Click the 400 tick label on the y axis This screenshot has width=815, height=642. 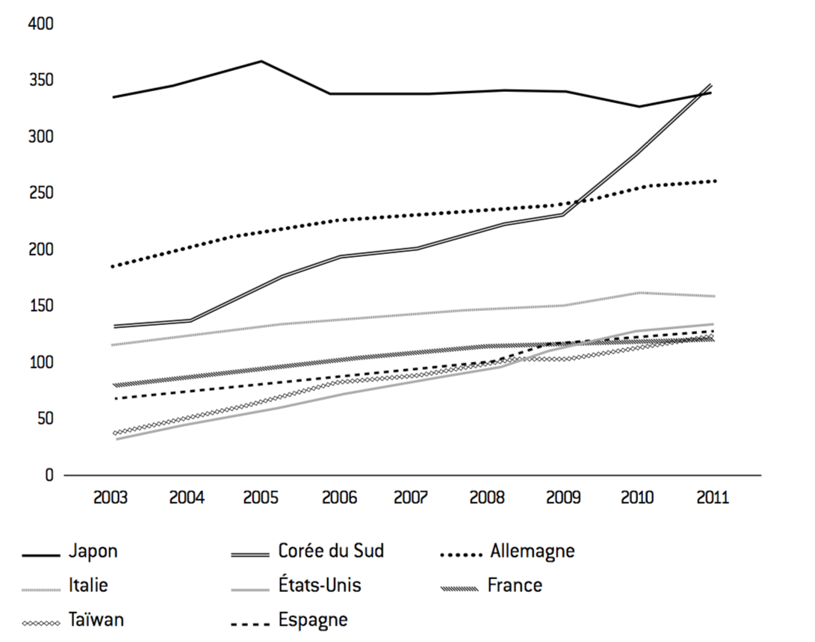point(40,24)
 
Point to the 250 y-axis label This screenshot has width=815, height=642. point(40,193)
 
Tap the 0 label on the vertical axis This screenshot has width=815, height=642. point(49,475)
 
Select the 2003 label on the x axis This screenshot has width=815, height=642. point(111,498)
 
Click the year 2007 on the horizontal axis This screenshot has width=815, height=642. point(411,498)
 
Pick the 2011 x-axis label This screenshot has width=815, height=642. point(713,498)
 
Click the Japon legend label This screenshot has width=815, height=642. point(93,552)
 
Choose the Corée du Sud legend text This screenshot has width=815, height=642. point(331,551)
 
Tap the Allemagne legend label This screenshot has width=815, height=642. point(532,552)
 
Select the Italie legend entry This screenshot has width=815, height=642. point(88,585)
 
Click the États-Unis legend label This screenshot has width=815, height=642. point(320,584)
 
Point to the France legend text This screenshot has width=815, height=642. point(515,585)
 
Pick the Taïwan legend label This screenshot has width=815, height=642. point(96,620)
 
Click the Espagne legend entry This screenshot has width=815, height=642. point(313,620)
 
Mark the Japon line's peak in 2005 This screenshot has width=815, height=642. point(261,61)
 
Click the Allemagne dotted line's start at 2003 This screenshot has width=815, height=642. point(113,266)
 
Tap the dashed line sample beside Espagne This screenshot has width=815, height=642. point(250,623)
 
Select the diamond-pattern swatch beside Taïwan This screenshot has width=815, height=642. point(42,623)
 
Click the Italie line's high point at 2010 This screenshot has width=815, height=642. point(638,293)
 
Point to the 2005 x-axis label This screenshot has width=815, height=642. point(261,498)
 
